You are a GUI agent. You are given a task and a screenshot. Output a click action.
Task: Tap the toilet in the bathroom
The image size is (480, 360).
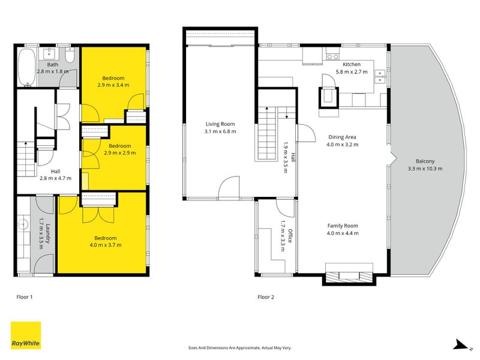coord(70,55)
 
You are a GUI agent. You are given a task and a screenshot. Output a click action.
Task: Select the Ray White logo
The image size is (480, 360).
coord(26,335)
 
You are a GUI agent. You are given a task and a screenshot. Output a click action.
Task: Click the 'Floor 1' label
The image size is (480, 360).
coord(25,297)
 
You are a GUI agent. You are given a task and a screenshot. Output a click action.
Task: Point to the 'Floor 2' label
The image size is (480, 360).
coord(266,297)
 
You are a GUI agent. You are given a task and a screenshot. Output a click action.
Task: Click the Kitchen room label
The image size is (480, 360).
coord(352,64)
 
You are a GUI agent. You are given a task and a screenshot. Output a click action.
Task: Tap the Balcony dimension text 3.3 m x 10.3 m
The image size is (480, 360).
coord(425,169)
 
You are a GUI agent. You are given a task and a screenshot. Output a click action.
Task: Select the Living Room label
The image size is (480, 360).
coord(220,124)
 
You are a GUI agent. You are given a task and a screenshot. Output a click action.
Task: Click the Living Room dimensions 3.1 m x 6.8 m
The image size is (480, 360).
coord(220,131)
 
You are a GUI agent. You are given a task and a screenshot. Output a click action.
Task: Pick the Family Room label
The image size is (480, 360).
coord(343,226)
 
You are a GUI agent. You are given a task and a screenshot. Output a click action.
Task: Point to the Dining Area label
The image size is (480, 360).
coord(342,137)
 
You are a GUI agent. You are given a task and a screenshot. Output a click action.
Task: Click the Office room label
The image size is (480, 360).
coord(290,236)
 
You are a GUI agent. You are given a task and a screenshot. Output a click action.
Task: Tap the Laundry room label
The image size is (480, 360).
coord(48,233)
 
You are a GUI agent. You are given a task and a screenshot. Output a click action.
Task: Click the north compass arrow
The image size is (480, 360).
coord(461,344)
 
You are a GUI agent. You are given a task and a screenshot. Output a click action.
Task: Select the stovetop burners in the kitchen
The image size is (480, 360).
coord(333,56)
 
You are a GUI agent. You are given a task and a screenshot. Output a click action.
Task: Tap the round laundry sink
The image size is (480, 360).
coord(22,224)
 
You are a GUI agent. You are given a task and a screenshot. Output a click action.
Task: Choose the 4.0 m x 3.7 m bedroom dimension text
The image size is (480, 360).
coord(106,245)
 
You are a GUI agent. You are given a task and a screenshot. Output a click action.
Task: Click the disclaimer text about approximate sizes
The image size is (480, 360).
coord(239,348)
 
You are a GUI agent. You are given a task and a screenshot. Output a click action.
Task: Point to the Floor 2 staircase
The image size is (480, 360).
coord(267,133)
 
